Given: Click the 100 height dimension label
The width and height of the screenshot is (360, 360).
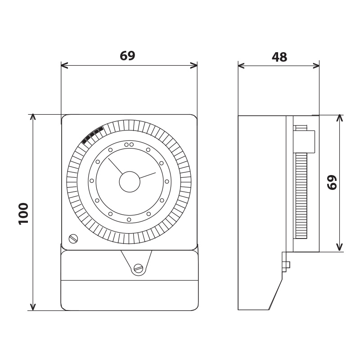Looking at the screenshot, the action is coord(23,213).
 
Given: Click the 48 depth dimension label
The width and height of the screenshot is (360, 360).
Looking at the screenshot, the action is coord(279,57).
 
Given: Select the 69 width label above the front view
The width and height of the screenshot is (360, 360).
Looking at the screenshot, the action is coord(128,55).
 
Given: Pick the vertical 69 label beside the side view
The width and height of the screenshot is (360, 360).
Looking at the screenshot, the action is coord(332,182).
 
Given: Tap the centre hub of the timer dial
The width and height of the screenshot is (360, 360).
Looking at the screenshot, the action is coord(130,182).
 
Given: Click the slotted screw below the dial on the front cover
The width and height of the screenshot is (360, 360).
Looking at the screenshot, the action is coord(73,239).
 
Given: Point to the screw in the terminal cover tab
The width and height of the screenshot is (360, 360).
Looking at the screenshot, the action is coord(138,268).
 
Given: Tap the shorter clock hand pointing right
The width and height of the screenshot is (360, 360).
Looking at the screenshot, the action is coord(148,175).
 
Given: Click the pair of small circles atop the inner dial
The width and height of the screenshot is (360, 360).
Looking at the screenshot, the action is coord(129,144).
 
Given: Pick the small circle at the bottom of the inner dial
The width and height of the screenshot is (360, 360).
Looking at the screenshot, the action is coord(129,220).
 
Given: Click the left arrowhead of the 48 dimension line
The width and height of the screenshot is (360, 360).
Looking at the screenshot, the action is coord(241,66).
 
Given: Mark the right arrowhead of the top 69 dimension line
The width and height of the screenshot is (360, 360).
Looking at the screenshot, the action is coord(194,65).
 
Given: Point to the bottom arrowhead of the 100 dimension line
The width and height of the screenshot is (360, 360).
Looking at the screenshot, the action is coord(33,307).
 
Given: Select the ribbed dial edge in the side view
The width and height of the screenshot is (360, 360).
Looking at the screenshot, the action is coord(301,196).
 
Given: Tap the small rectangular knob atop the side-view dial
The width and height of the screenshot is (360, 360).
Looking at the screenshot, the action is coord(304,141).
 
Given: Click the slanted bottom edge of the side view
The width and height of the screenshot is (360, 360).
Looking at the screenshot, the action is coord(276,294).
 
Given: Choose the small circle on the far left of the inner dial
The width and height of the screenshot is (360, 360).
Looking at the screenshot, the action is coord(92,181).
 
